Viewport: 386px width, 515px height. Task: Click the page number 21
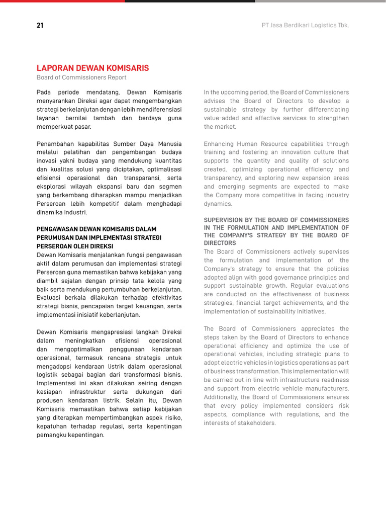pos(40,25)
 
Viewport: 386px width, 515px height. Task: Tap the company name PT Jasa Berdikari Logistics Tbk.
pos(306,25)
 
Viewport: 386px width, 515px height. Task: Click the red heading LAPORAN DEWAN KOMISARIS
pos(92,68)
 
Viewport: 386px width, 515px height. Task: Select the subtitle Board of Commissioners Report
pos(81,77)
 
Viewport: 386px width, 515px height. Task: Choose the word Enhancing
pos(220,144)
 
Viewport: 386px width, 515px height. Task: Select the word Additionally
pos(223,397)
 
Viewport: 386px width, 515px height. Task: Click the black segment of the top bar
pos(190,1)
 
